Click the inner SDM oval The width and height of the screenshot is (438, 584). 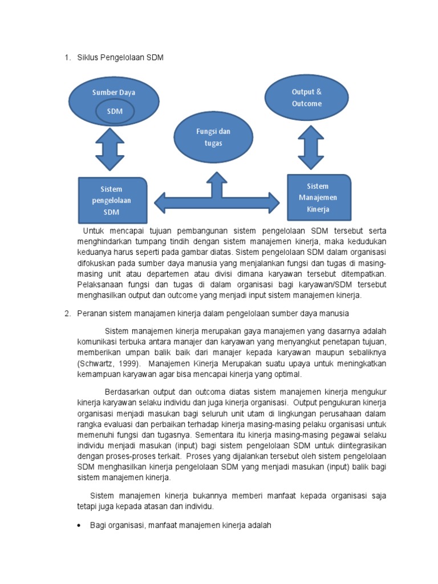(x=115, y=111)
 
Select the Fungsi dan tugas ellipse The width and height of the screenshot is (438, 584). (x=213, y=137)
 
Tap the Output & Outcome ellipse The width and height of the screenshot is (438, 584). (x=306, y=98)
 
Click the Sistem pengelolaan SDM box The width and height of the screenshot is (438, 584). (x=112, y=200)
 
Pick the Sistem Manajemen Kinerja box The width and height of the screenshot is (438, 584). (x=318, y=197)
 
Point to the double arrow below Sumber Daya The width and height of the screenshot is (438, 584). (x=110, y=149)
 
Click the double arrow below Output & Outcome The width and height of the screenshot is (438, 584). (x=311, y=147)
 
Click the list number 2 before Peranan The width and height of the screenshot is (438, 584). (x=67, y=314)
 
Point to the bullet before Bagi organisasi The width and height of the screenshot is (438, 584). (x=79, y=526)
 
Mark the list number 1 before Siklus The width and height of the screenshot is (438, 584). (x=67, y=58)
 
